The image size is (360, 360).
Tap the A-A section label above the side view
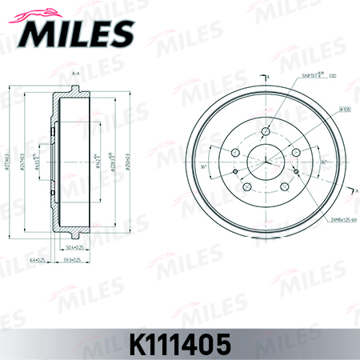(x=76, y=74)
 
